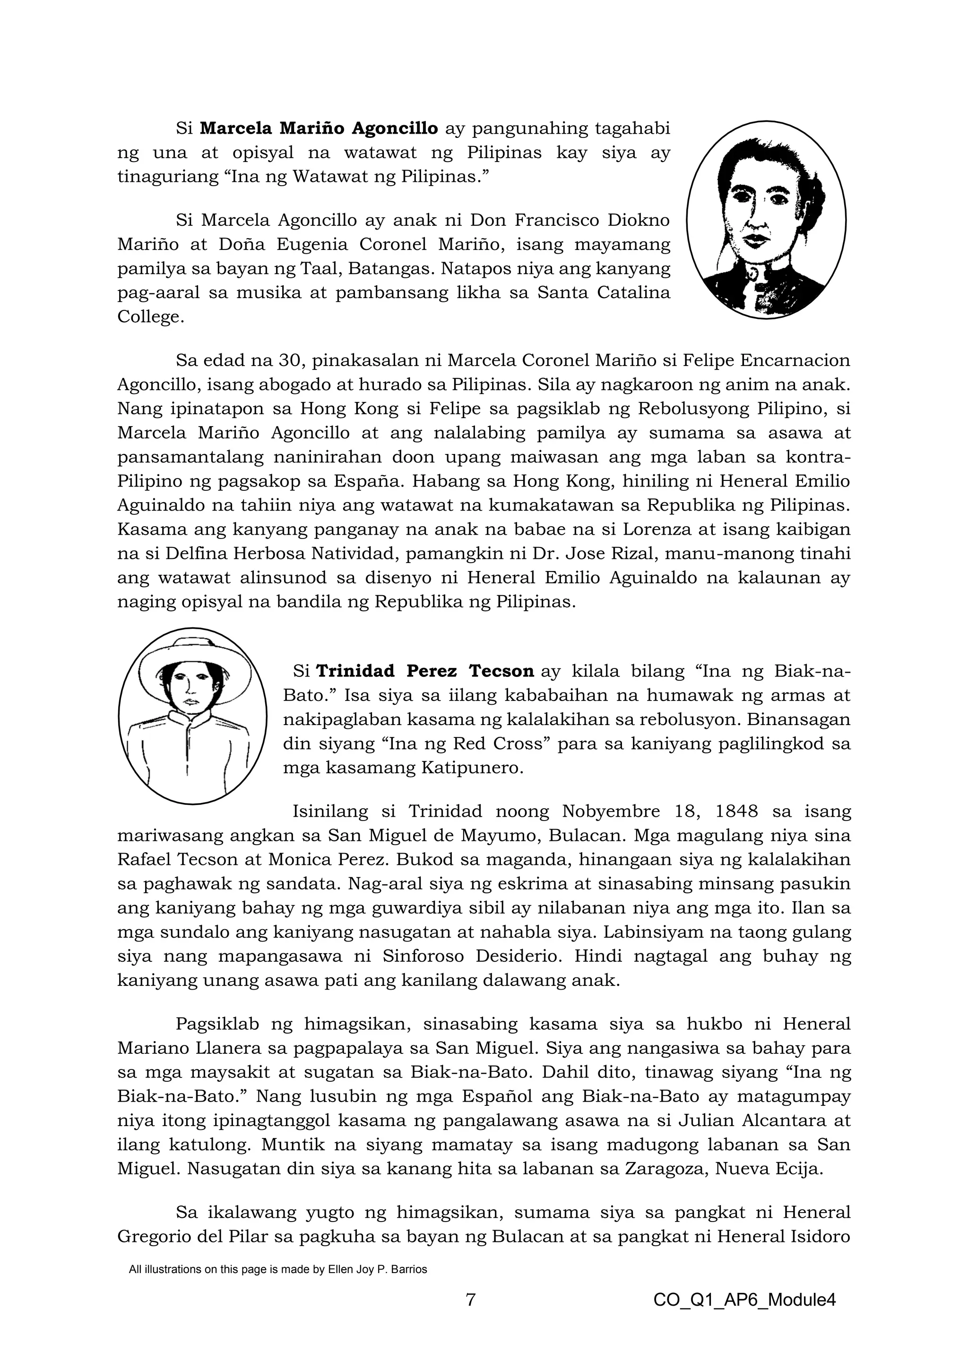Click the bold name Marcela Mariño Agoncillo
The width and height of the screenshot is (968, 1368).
[x=319, y=128]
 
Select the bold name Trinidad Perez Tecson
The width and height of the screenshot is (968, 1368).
[x=424, y=672]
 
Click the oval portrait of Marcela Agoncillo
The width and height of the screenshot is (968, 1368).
[x=766, y=219]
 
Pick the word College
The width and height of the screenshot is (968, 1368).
[x=148, y=317]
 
